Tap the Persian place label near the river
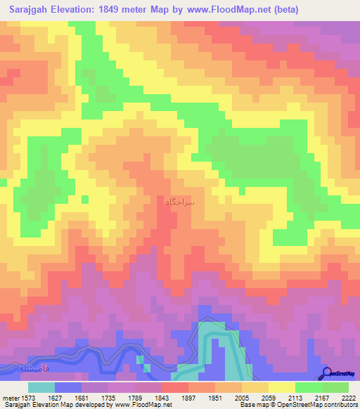[34, 368]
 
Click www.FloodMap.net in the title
[220, 10]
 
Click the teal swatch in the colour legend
[41, 387]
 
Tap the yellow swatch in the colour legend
[281, 387]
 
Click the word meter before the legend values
[10, 398]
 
